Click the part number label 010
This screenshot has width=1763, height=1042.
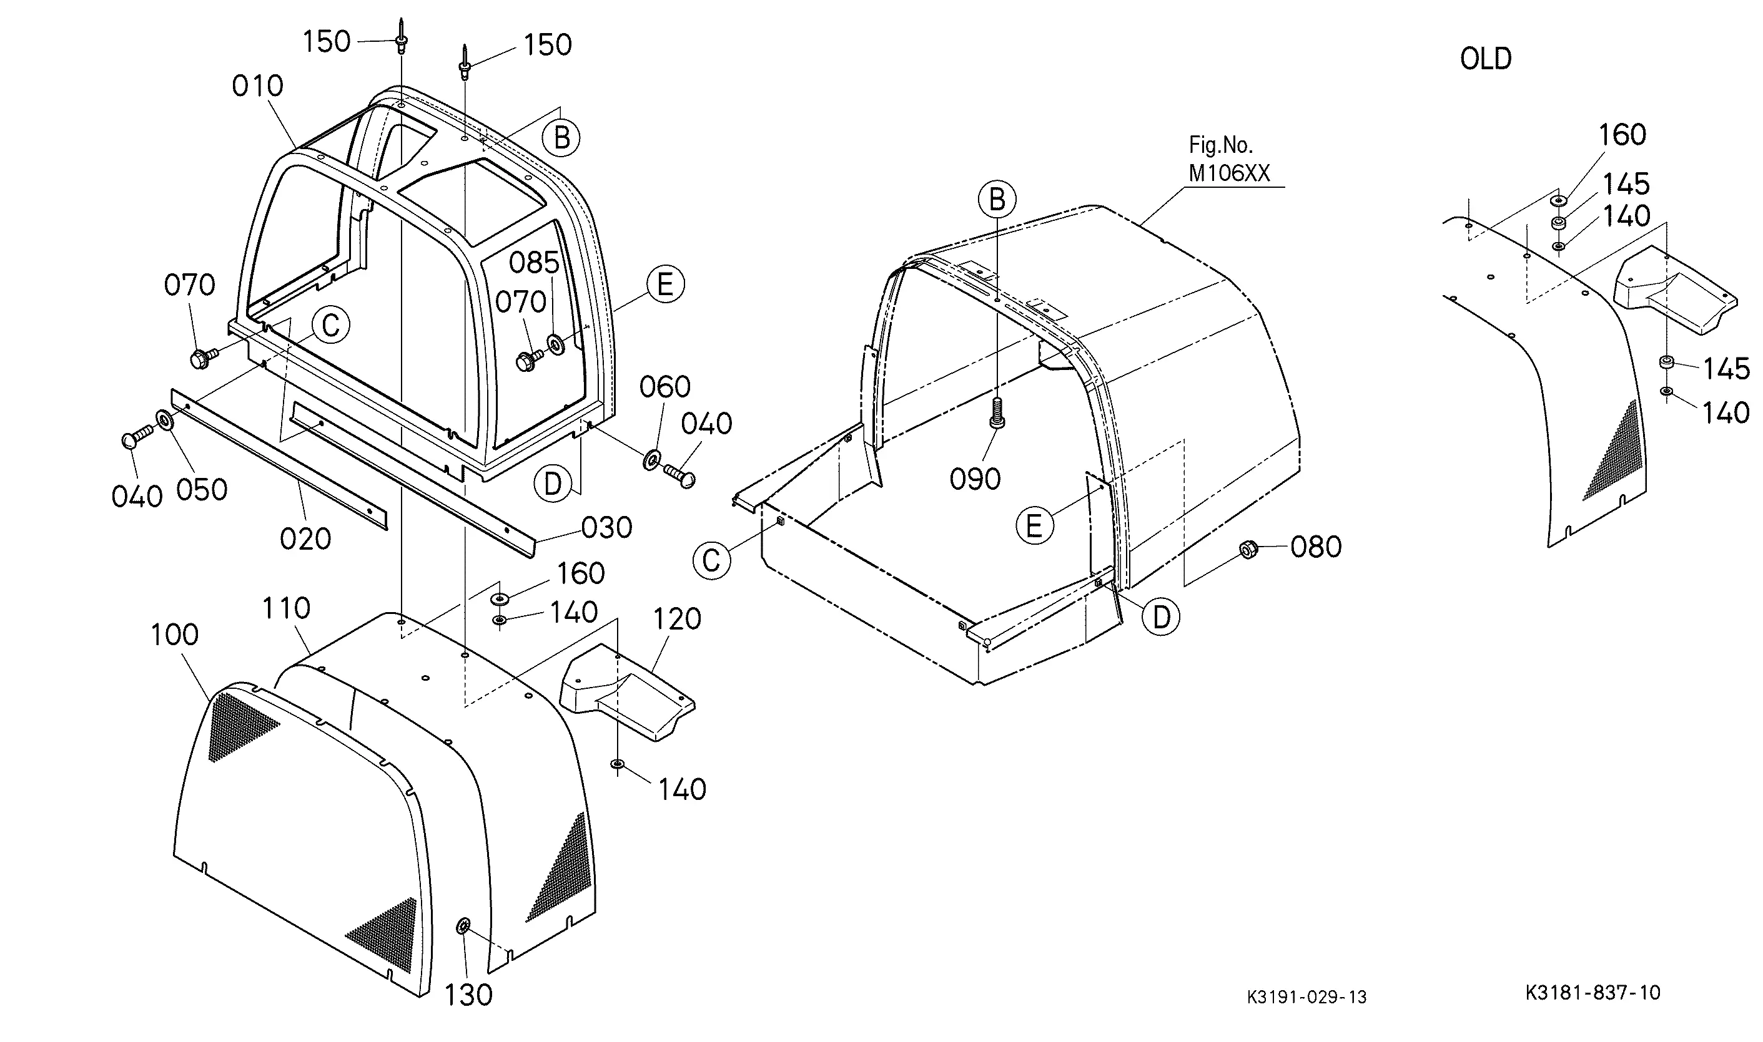coord(257,86)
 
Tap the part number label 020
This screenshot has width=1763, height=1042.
coord(305,539)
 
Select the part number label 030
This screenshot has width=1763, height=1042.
coord(606,527)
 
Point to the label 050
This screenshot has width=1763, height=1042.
coord(202,490)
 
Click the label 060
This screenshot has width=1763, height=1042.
coord(664,387)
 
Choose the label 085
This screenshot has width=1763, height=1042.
coord(534,263)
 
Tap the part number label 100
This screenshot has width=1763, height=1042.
coord(175,635)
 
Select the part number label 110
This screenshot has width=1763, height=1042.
coord(286,608)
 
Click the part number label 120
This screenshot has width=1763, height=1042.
coord(678,620)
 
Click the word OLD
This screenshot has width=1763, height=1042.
coord(1486,59)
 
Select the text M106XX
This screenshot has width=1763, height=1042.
coord(1229,173)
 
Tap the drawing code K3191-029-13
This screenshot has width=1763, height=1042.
coord(1306,997)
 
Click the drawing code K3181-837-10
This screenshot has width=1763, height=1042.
coord(1593,992)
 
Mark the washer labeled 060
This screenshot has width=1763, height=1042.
coord(651,460)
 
